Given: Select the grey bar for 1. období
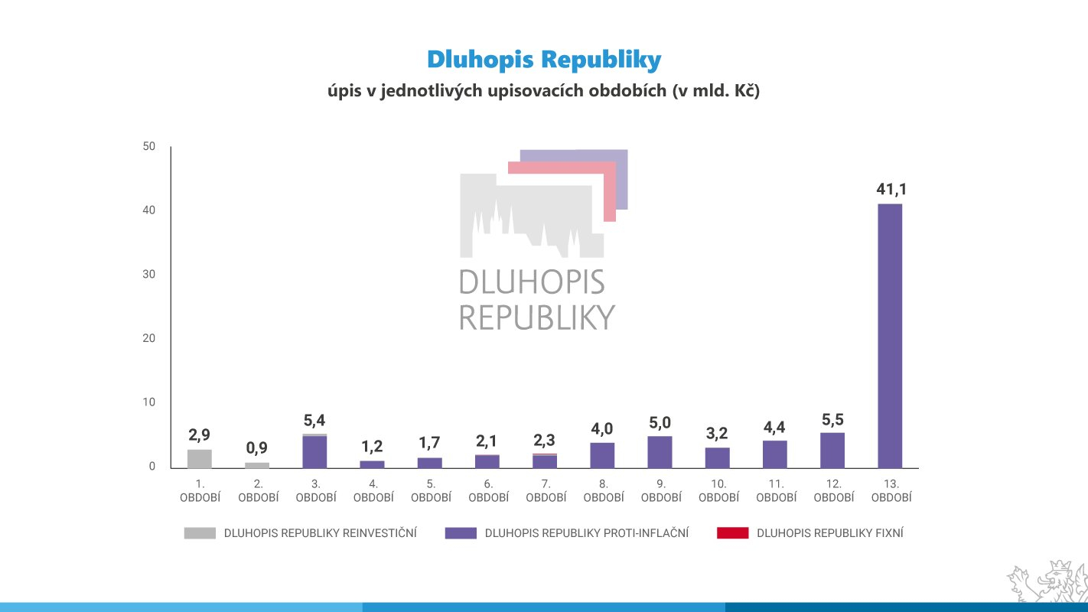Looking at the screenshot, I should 200,458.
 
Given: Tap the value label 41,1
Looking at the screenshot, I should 891,190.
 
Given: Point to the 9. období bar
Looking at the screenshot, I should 660,451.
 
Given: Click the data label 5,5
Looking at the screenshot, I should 832,420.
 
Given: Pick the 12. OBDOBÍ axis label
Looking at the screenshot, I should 833,490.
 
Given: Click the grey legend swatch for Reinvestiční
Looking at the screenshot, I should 200,533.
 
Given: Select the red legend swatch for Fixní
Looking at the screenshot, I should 732,533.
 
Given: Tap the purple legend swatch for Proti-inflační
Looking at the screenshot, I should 461,533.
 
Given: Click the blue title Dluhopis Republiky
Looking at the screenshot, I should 543,60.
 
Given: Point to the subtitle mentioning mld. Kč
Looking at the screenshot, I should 543,91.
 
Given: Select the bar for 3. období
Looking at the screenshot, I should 314,451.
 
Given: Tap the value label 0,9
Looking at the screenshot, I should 257,448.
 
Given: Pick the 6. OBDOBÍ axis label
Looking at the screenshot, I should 488,490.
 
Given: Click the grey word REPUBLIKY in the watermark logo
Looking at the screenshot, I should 537,317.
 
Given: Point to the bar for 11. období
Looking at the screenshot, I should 775,454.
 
